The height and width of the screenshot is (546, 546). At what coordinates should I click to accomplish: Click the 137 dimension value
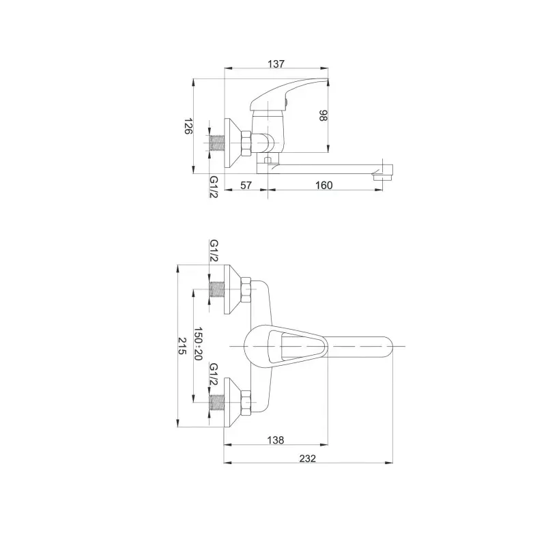(276, 64)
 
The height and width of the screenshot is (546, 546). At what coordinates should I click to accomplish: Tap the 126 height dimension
(188, 126)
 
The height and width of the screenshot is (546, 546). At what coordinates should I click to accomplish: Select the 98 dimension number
(323, 115)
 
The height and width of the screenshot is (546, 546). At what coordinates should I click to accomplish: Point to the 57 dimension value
(246, 185)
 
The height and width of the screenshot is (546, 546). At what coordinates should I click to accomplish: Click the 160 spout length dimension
(324, 185)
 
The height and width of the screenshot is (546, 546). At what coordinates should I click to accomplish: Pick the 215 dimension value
(182, 346)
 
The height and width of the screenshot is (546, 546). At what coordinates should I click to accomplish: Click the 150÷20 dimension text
(198, 343)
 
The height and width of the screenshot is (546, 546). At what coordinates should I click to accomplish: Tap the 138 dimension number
(276, 440)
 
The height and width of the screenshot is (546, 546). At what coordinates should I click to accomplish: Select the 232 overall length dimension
(308, 459)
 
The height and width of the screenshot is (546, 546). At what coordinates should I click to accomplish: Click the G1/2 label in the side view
(214, 186)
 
